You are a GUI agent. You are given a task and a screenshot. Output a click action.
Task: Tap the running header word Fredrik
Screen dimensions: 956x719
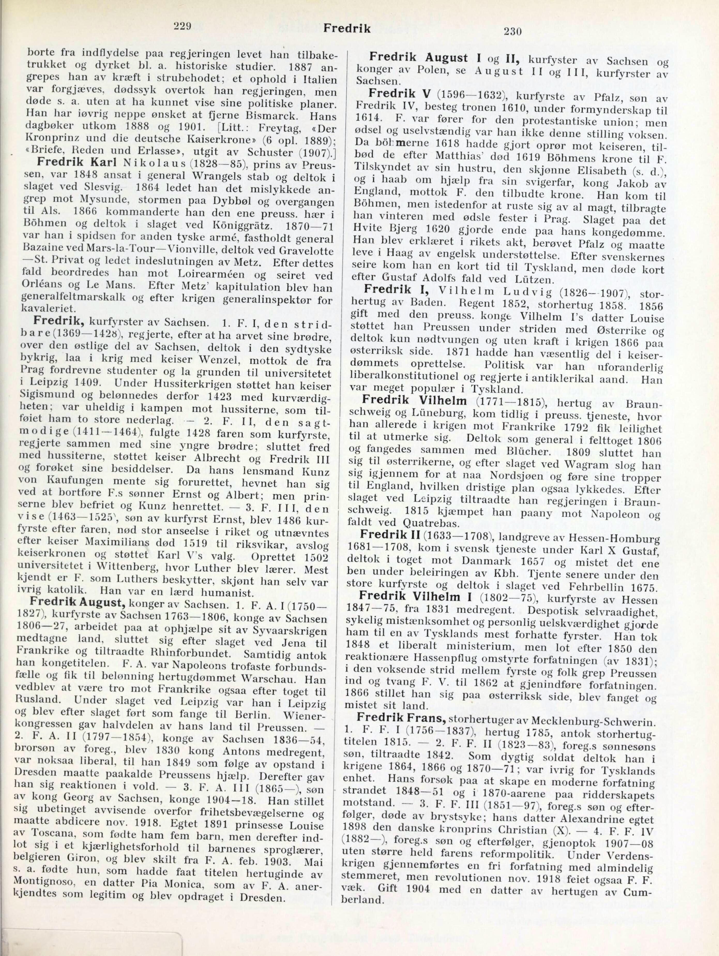click(347, 28)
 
